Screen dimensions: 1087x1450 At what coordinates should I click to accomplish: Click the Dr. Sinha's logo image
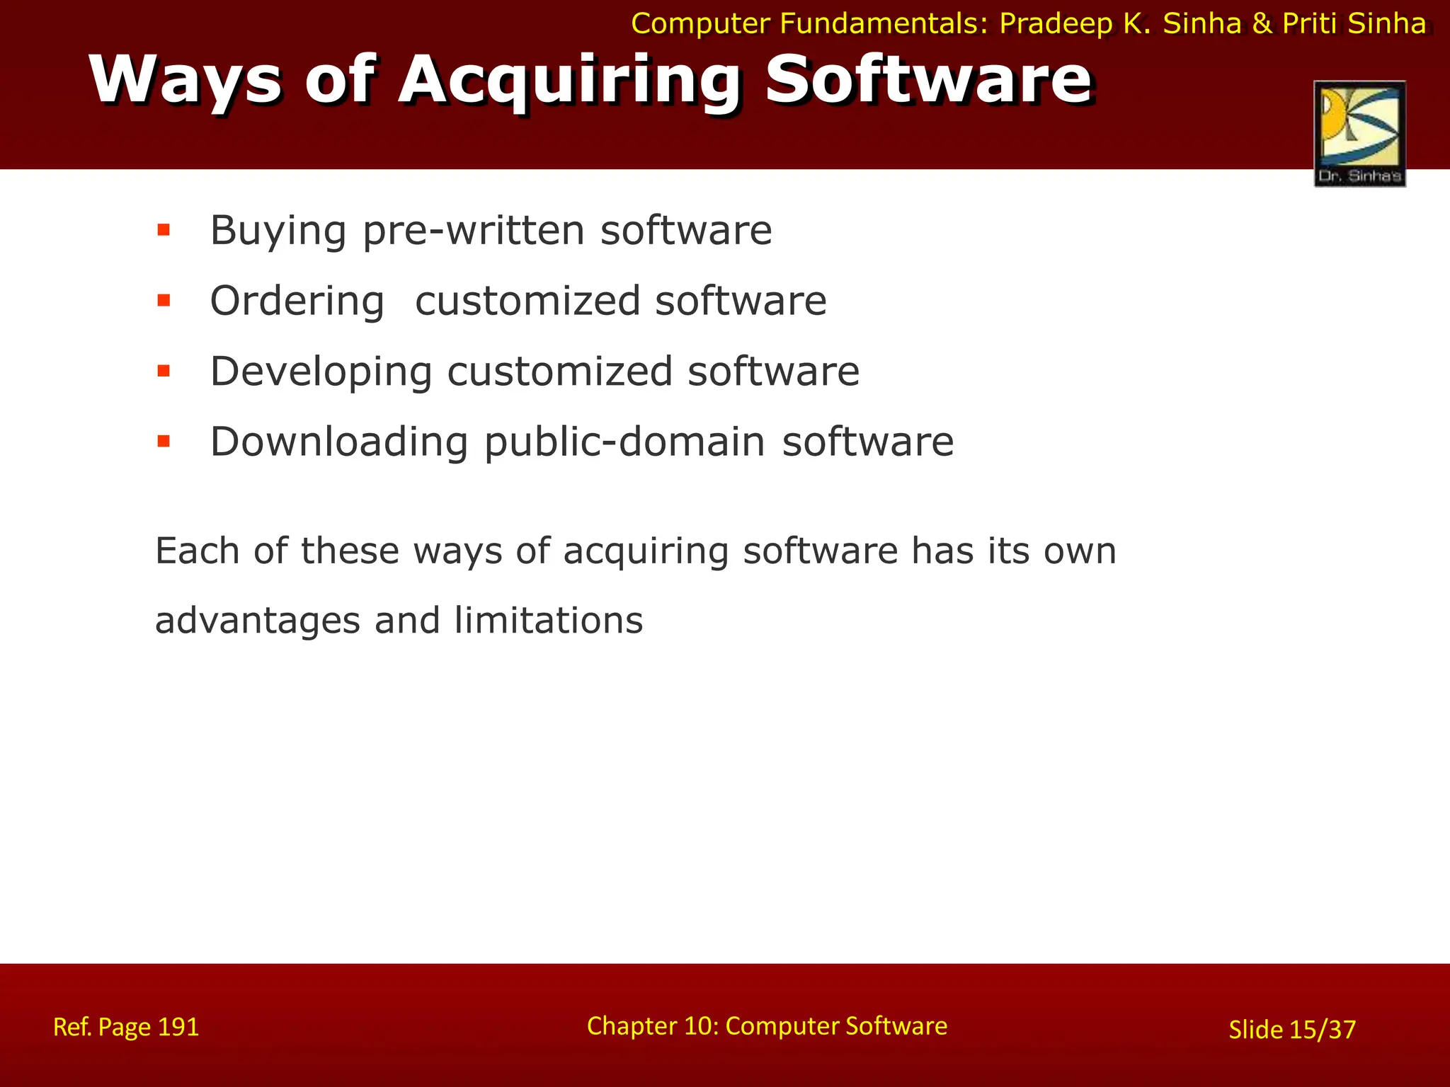tap(1359, 134)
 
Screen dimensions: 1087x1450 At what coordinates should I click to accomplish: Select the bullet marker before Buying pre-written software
tap(164, 230)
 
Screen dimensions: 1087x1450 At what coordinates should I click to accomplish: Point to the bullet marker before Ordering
tap(164, 301)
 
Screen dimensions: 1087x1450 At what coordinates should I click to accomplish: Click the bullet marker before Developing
tap(164, 371)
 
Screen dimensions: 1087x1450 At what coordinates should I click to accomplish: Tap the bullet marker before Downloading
tap(164, 442)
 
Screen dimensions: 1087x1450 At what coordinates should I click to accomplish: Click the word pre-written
tap(474, 231)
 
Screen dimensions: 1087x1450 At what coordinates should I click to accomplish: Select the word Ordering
tap(297, 302)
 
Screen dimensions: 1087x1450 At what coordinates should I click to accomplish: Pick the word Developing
tap(321, 373)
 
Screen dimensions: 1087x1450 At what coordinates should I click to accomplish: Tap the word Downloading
tap(339, 442)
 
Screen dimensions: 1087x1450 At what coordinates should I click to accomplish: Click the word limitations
tap(548, 620)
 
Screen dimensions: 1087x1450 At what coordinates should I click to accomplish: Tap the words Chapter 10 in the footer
tap(651, 1026)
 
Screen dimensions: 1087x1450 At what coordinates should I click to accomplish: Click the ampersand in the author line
tap(1262, 24)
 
